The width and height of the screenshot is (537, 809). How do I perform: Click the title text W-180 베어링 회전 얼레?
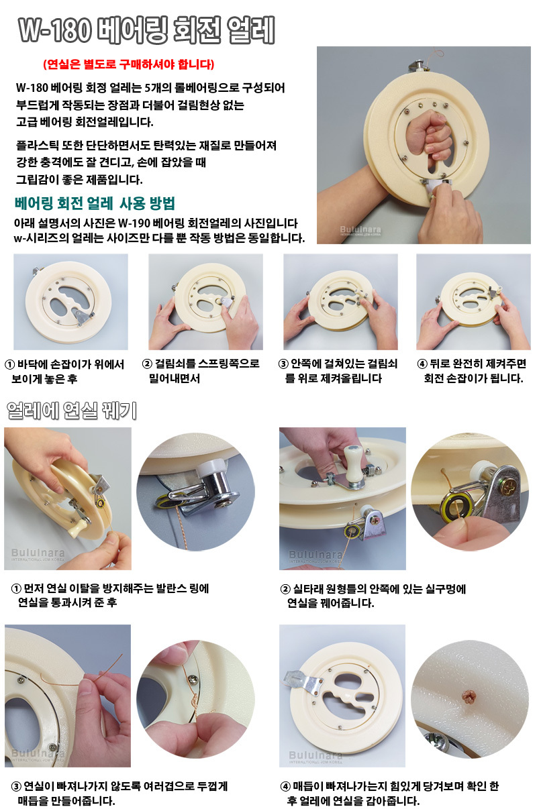pos(147,30)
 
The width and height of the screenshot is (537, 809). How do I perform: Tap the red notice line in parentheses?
pos(129,64)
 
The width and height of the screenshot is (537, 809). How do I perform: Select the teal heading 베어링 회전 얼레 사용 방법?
pos(95,203)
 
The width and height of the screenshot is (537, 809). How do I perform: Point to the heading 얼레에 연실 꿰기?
pos(72,411)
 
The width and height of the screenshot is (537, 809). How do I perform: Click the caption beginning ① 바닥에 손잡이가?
pos(64,371)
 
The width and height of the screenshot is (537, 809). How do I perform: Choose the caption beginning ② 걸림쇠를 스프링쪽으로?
pos(201,370)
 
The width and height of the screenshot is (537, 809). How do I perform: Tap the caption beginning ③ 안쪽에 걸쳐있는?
pos(338,371)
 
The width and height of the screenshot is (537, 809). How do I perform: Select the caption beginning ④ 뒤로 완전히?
pos(472,371)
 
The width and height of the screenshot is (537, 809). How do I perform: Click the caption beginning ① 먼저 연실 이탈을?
pos(110,596)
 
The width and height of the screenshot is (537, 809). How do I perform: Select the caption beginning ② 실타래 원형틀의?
pos(373,596)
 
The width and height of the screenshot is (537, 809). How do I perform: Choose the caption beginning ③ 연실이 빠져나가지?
pos(119,793)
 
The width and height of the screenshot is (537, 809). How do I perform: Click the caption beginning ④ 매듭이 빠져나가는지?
pos(389,793)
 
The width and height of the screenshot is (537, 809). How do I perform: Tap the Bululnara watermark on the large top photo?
pos(360,230)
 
